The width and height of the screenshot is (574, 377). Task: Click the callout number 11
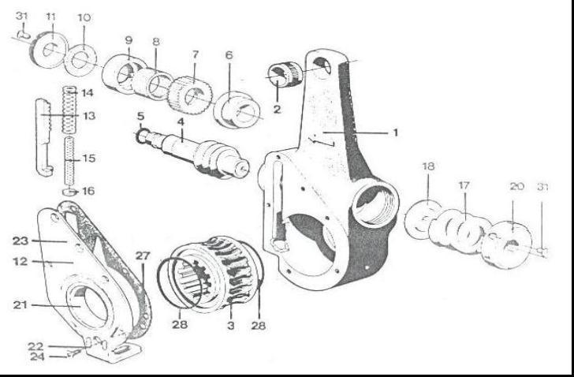50,17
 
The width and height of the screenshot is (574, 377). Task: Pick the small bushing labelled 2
283,77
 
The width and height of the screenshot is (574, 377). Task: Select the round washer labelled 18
423,220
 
